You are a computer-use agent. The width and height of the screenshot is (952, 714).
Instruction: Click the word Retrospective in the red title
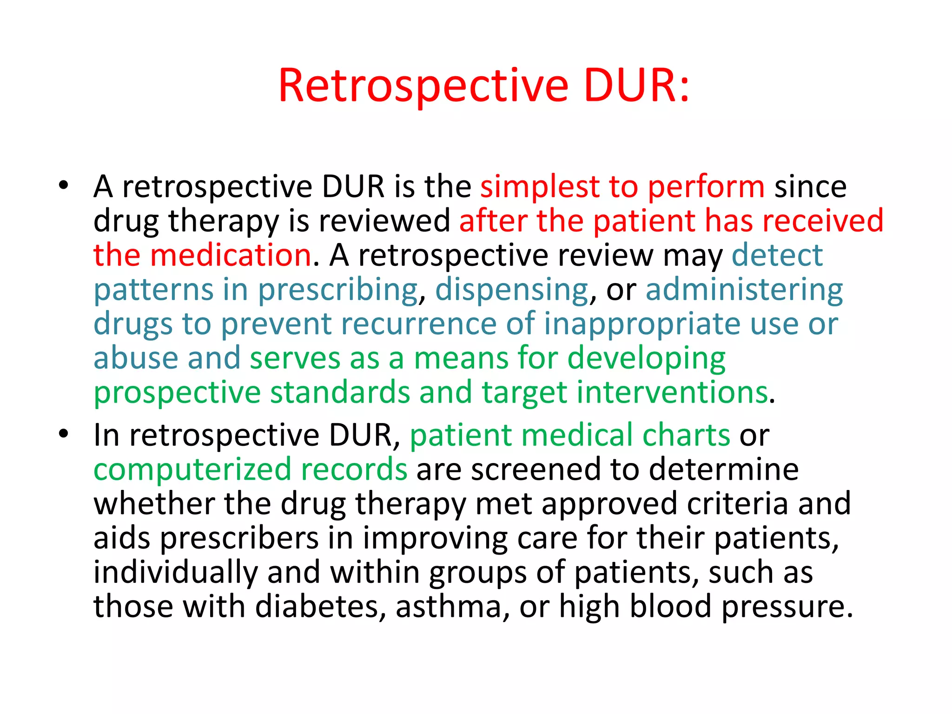pos(423,86)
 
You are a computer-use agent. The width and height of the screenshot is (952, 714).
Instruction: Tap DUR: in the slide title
pos(636,86)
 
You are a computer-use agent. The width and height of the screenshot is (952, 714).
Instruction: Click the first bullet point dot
pos(64,185)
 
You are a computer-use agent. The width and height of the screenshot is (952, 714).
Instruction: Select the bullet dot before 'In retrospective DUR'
pos(64,434)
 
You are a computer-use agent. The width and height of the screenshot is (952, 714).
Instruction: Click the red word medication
pos(231,255)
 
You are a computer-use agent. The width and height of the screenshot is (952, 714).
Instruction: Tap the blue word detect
pos(777,255)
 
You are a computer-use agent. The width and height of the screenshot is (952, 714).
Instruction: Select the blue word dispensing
pos(512,290)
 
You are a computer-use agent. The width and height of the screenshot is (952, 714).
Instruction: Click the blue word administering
pos(744,290)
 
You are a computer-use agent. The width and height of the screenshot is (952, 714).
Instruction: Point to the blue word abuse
pos(136,358)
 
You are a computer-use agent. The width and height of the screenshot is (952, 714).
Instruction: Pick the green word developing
pos(646,359)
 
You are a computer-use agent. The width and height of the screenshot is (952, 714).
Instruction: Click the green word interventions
pos(672,392)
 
